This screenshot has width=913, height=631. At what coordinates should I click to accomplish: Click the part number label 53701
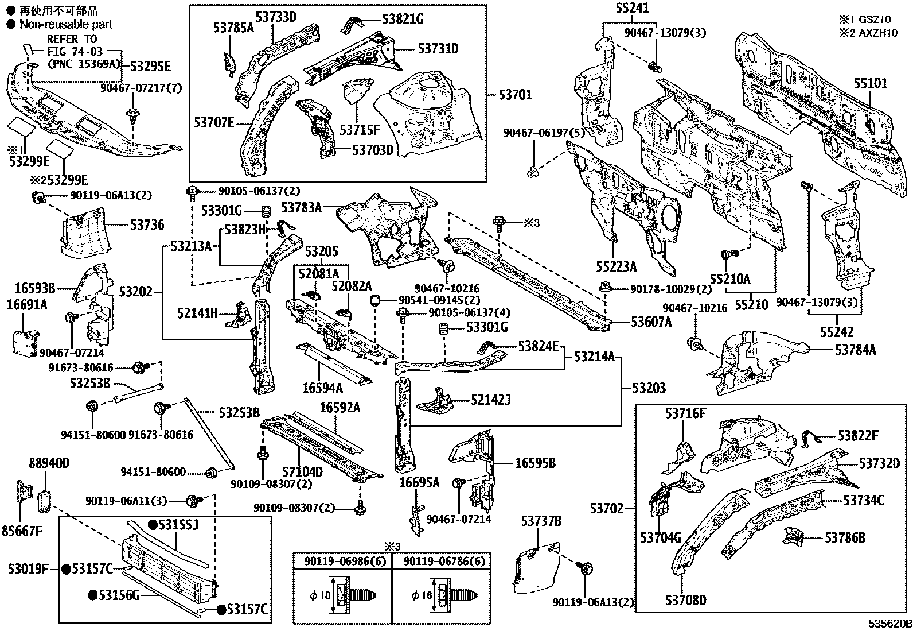coord(515,95)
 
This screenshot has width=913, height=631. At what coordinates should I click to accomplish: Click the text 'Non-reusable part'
coord(66,24)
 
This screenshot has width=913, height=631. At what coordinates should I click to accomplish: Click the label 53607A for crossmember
coord(651,322)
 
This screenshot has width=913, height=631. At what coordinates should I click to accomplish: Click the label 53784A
coord(855,350)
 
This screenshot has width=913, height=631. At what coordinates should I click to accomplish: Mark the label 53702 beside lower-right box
coord(607,508)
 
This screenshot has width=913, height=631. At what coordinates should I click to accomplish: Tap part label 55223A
coord(616,266)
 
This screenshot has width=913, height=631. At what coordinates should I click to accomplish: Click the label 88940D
coord(49,463)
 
